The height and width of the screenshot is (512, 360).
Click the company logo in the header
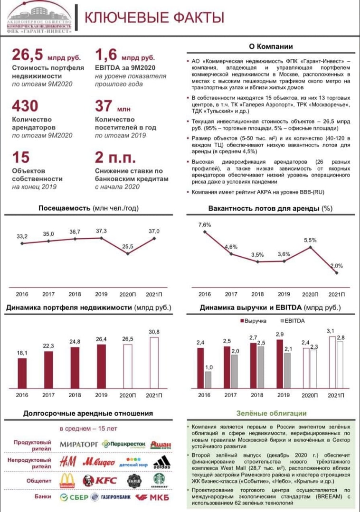point(39,19)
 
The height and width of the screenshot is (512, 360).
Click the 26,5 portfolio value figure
point(27,55)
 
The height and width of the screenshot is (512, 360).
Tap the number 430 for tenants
point(25,105)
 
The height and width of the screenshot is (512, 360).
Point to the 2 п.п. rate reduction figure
point(115,158)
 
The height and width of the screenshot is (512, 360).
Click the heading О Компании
point(271,46)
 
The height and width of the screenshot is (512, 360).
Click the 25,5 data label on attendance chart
point(128,246)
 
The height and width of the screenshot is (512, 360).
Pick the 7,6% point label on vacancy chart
point(204,225)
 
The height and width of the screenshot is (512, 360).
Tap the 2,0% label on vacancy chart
point(336,266)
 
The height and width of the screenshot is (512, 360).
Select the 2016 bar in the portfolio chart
point(22,373)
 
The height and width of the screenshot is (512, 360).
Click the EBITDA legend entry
point(293,321)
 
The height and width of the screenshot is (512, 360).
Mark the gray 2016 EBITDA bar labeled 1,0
point(208,380)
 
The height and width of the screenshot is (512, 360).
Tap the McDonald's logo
point(67,480)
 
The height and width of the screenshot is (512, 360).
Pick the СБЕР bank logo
point(74,497)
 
